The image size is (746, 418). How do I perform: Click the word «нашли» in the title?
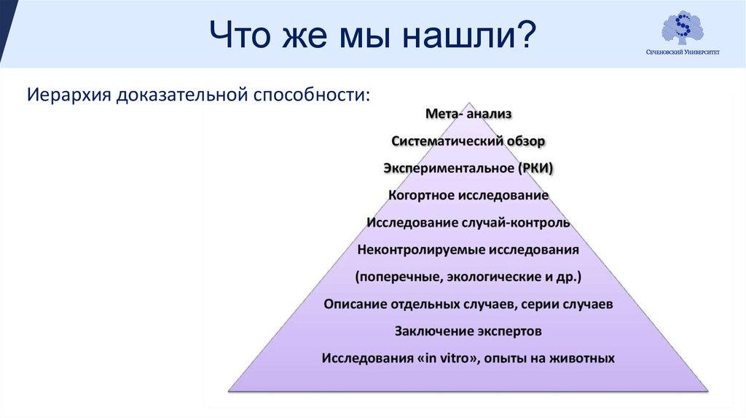click(459, 35)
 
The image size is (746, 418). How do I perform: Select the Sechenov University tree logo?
click(683, 28)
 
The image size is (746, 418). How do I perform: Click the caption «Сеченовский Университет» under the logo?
click(683, 52)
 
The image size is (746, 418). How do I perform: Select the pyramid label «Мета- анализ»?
click(468, 114)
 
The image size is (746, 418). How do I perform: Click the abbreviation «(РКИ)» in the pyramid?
click(535, 168)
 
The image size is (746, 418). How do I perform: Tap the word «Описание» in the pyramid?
click(355, 304)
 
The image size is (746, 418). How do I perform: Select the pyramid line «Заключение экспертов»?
click(468, 331)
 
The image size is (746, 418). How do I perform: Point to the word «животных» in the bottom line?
click(582, 358)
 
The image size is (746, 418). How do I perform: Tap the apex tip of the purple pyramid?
click(469, 103)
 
